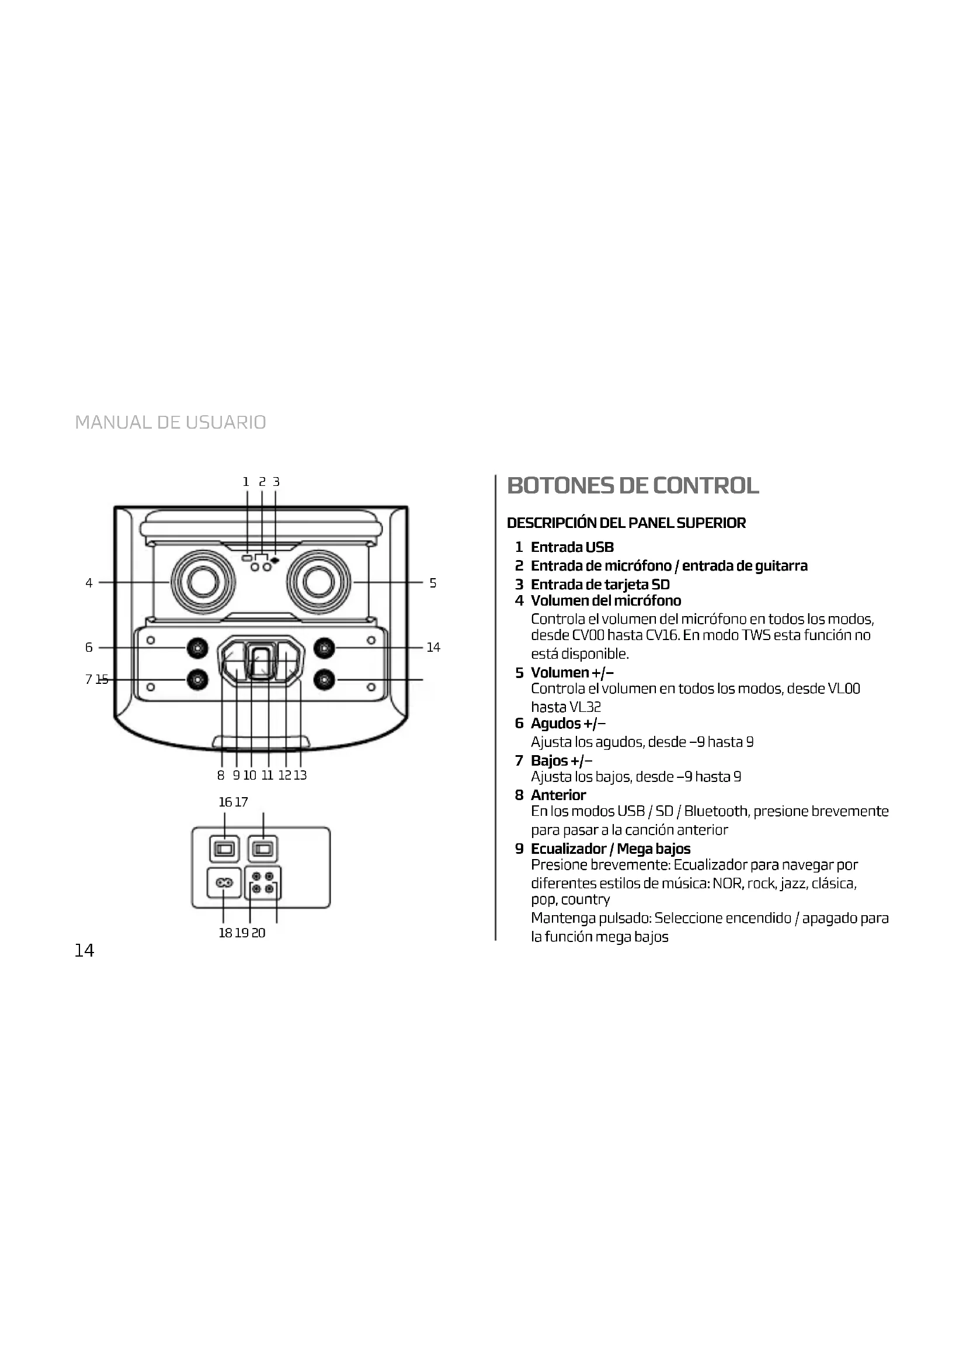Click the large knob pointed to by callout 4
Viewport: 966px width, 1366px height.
click(x=202, y=582)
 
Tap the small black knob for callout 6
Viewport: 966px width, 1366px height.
click(x=197, y=647)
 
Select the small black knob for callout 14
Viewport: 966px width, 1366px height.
click(x=324, y=647)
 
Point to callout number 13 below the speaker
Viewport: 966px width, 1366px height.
click(x=300, y=775)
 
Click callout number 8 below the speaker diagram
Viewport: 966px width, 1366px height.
click(x=221, y=775)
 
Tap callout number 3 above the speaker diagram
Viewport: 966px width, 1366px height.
click(x=276, y=482)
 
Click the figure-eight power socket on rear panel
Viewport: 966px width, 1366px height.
click(x=224, y=883)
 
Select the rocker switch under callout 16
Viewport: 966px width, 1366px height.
click(x=224, y=849)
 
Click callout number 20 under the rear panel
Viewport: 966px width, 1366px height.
click(x=259, y=933)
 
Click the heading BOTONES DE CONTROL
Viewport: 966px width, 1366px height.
click(x=633, y=485)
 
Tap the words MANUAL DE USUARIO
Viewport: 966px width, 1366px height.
click(x=171, y=422)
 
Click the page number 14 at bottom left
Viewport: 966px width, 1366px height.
click(x=84, y=951)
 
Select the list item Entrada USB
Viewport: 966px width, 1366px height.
click(x=572, y=547)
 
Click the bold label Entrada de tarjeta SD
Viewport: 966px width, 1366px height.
click(x=600, y=584)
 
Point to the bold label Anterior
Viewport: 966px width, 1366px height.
click(x=558, y=795)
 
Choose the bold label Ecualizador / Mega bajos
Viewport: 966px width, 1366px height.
click(x=610, y=849)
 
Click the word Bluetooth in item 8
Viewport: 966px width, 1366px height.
click(x=715, y=812)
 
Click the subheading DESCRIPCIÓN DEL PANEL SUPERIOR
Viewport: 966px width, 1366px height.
click(x=626, y=523)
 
